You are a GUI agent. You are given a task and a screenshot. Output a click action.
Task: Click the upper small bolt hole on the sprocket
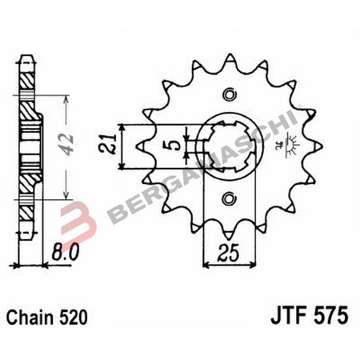click(231, 95)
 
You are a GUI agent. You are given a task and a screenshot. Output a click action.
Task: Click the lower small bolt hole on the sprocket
click(231, 198)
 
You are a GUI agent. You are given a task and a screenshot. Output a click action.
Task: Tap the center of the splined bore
click(230, 146)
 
